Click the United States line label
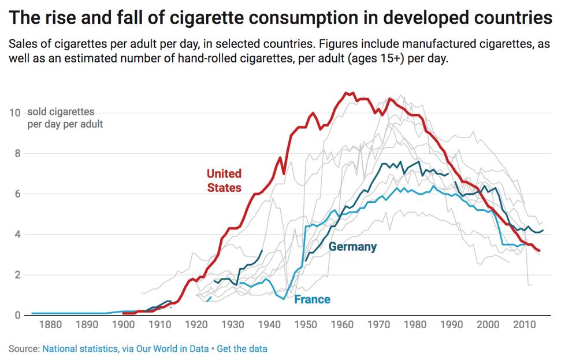pyautogui.click(x=224, y=180)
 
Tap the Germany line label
pyautogui.click(x=352, y=247)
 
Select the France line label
pyautogui.click(x=312, y=299)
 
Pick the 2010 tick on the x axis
pyautogui.click(x=524, y=324)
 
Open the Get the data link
pyautogui.click(x=242, y=349)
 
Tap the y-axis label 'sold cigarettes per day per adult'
pyautogui.click(x=65, y=117)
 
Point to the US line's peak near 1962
pyautogui.click(x=347, y=93)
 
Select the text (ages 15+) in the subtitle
pyautogui.click(x=376, y=60)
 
